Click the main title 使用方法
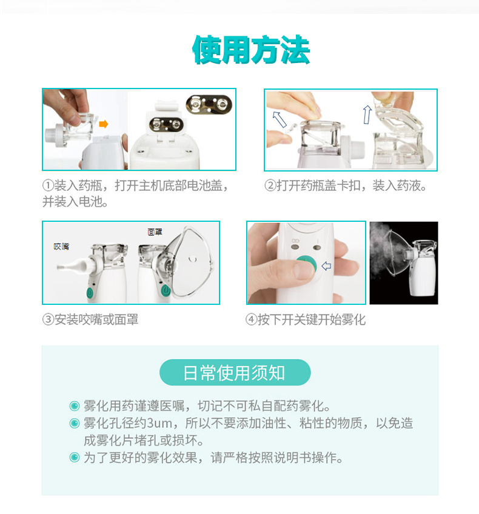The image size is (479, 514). click(x=251, y=50)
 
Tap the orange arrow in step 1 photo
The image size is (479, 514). click(x=104, y=124)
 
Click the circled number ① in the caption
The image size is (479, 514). click(x=48, y=185)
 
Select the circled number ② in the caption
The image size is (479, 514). click(x=270, y=185)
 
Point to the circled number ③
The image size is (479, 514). click(x=48, y=319)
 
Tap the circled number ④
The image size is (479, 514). click(x=251, y=319)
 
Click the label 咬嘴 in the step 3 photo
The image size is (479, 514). click(x=61, y=247)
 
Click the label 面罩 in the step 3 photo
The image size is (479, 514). click(x=155, y=232)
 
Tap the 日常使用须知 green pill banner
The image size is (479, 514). click(x=235, y=372)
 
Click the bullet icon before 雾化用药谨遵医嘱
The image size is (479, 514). click(x=75, y=406)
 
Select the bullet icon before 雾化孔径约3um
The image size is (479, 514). click(x=75, y=423)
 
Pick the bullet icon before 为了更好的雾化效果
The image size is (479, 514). click(x=75, y=457)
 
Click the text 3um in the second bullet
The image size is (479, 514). click(x=159, y=423)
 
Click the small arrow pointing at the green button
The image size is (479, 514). click(x=326, y=266)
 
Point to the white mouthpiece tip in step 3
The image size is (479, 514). click(x=62, y=267)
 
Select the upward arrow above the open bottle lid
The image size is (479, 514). click(x=367, y=115)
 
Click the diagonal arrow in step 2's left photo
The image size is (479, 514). click(x=280, y=119)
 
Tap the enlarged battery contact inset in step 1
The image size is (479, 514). click(x=209, y=105)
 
